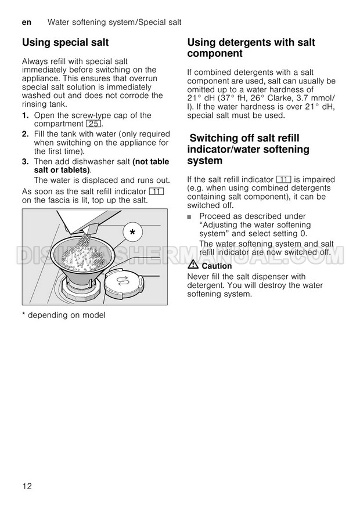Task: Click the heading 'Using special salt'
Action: click(65, 42)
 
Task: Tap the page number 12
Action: click(27, 486)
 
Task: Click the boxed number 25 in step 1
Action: click(93, 124)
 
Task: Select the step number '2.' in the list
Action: click(25, 134)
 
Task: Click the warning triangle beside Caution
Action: click(193, 265)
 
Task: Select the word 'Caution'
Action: click(217, 266)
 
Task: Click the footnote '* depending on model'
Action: click(64, 315)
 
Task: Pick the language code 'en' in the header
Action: click(27, 22)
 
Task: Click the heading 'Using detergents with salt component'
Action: click(251, 48)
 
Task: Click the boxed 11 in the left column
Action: click(156, 191)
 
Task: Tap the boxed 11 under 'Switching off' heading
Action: click(283, 179)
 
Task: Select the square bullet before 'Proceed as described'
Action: click(189, 216)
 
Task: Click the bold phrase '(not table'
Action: click(151, 162)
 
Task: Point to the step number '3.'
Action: click(25, 162)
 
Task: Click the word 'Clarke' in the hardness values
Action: click(279, 98)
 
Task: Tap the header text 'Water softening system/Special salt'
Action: click(114, 22)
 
